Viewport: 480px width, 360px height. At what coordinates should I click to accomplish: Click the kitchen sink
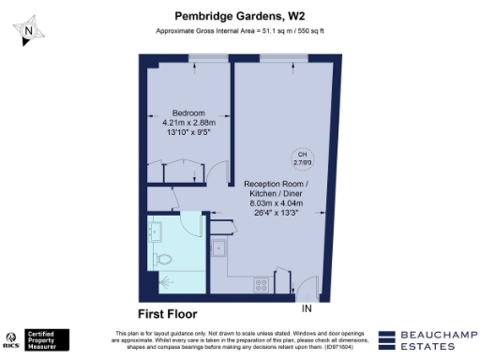pos(217,247)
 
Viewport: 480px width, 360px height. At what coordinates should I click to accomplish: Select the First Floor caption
pos(168,313)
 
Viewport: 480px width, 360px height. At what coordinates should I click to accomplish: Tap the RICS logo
pos(13,338)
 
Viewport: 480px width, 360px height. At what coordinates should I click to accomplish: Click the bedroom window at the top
pos(198,59)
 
